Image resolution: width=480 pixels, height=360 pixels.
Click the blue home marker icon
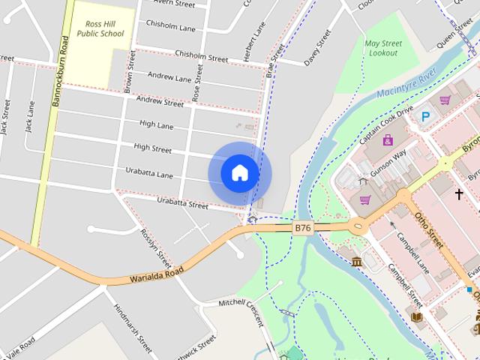[x=239, y=172]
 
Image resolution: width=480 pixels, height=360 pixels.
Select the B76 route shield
[x=303, y=228]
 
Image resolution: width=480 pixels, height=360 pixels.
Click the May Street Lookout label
[x=383, y=49]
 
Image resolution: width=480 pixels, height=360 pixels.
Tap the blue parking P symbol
[x=425, y=116]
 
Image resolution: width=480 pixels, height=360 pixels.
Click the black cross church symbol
[x=459, y=194]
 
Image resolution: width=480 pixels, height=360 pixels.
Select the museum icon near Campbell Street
[x=356, y=261]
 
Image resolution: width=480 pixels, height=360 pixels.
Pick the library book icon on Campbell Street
[x=417, y=316]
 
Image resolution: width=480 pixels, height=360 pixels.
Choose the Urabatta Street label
[x=182, y=203]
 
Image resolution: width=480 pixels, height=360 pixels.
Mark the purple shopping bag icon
[x=388, y=140]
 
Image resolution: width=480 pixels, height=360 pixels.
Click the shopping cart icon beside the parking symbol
[x=445, y=100]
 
